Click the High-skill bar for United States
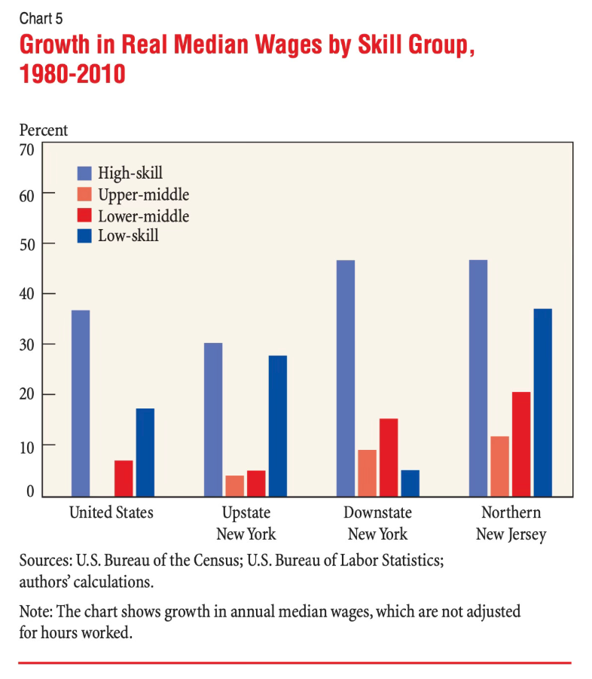coord(81,403)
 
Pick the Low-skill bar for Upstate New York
coord(277,426)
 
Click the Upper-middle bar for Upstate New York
coord(235,486)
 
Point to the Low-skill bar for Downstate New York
coord(410,483)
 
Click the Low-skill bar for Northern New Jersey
coord(542,402)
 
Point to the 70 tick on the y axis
coord(27,149)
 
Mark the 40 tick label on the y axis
coord(27,294)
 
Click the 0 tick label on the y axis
coord(30,492)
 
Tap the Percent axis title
coord(43,130)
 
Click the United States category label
coord(111,513)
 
